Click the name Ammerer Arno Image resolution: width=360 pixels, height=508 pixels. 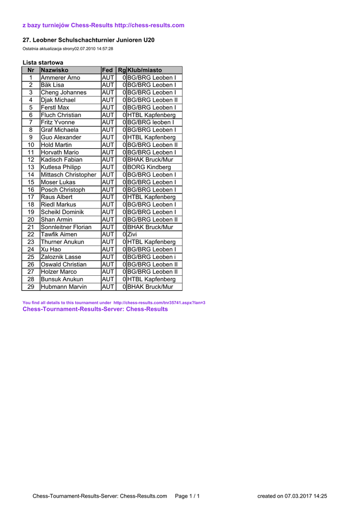pos(60,78)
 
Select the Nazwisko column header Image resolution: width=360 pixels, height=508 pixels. pos(55,70)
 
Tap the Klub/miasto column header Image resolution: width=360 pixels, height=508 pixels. pos(145,70)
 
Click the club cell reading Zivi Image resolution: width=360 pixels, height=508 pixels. pos(132,235)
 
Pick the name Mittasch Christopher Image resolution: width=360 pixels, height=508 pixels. pos(69,175)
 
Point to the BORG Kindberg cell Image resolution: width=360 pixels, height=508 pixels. pos(149,167)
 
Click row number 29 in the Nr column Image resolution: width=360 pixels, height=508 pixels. pos(31,287)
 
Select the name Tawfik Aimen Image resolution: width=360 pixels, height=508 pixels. pos(59,235)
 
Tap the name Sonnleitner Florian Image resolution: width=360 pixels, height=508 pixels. pos(66,227)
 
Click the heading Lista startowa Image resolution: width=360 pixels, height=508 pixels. pos(43,63)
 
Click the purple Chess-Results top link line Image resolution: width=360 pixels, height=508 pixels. pos(103,25)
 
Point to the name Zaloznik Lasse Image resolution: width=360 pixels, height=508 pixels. pos(61,257)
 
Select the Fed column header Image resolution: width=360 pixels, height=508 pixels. pos(107,70)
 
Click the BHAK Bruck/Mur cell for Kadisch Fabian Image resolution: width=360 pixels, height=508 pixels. pos(150,160)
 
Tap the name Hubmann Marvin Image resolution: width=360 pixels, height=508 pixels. pos(64,287)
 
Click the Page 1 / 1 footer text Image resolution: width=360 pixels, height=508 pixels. pos(187,496)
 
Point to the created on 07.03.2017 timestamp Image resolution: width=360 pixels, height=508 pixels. pos(292,496)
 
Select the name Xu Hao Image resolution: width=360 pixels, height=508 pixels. pos(51,250)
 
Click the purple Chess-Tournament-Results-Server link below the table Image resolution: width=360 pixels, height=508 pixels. pos(95,309)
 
